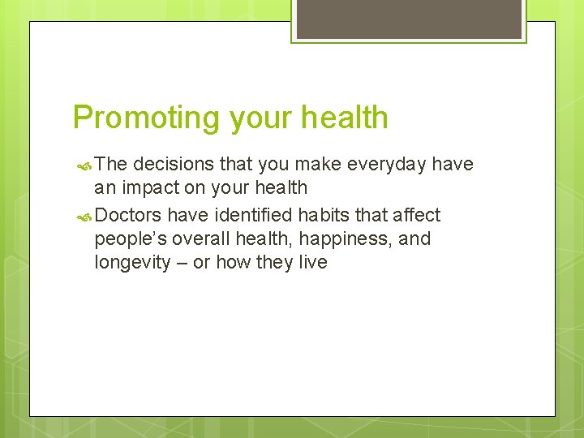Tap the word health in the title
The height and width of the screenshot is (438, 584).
[345, 118]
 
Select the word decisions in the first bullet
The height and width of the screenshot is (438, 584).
[173, 165]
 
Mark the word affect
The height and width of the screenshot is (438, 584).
[414, 215]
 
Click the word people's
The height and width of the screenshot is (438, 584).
[132, 239]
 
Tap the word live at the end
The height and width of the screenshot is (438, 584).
[312, 263]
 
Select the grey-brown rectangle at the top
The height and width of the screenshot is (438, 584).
[410, 19]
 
